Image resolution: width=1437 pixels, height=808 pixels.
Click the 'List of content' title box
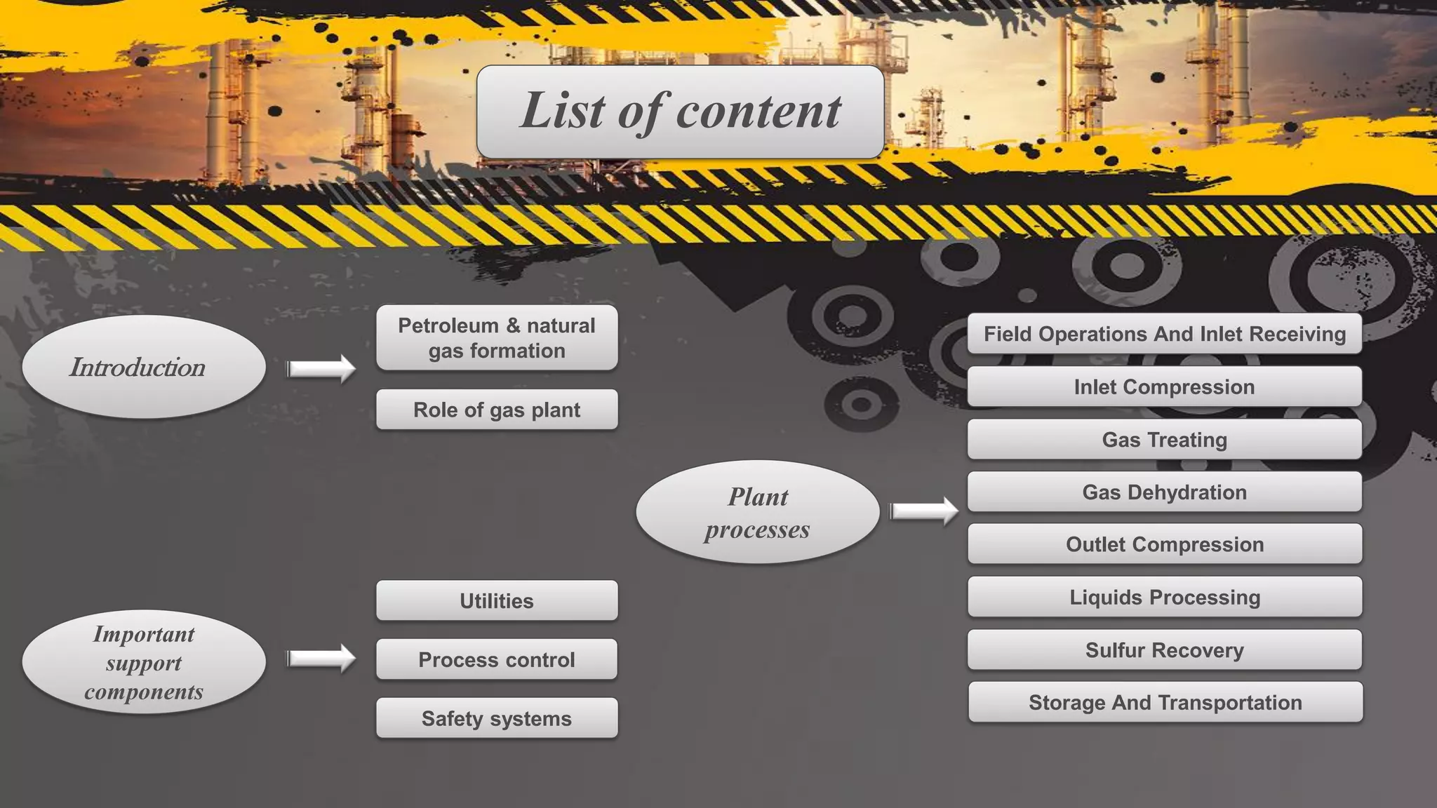pos(680,112)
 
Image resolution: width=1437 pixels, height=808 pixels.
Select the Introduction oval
pos(144,367)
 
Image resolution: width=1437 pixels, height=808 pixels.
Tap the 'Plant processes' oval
pos(758,512)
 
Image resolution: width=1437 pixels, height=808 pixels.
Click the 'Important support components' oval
pos(144,662)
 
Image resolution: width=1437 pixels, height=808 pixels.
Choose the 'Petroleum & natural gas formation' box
pos(497,337)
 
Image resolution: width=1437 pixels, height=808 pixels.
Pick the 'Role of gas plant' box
pos(497,410)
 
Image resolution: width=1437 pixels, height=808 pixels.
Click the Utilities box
pos(497,600)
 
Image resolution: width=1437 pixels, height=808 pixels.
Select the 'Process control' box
pos(497,659)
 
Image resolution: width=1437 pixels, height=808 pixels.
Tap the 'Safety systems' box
pos(497,718)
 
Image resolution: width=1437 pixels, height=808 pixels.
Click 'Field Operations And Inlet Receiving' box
pos(1165,334)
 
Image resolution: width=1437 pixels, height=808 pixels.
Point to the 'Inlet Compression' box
pos(1165,386)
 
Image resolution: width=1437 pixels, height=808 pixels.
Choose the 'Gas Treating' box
pos(1165,440)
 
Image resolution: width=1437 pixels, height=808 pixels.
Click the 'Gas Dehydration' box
pos(1165,492)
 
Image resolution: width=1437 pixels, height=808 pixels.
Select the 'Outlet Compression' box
pos(1165,544)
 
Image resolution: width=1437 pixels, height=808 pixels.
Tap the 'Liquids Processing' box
pos(1165,597)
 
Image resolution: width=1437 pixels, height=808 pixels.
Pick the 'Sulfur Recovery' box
pos(1165,650)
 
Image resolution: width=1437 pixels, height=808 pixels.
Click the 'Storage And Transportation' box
pos(1165,702)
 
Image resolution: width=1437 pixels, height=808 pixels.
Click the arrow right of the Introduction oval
pos(321,368)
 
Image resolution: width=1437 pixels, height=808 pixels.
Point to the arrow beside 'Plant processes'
pos(924,511)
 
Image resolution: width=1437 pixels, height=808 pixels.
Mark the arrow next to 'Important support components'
pos(321,658)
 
